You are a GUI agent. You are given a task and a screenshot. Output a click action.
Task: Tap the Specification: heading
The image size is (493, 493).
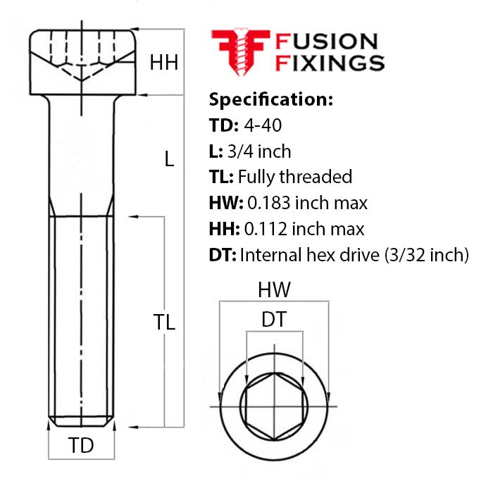click(x=271, y=99)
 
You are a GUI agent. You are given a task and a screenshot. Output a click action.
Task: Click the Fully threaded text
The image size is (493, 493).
click(x=295, y=177)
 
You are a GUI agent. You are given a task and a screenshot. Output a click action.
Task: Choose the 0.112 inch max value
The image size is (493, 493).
click(x=304, y=229)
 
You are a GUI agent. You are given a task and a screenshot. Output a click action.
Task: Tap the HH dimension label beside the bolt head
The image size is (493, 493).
click(x=163, y=63)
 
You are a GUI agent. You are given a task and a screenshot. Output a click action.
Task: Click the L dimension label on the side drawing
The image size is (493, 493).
click(x=168, y=159)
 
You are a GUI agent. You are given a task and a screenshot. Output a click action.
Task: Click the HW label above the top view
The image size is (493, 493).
click(x=274, y=289)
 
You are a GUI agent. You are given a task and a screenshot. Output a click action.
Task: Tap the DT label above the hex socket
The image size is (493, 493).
click(x=274, y=320)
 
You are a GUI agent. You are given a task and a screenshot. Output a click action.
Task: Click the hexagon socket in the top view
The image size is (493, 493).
click(x=274, y=407)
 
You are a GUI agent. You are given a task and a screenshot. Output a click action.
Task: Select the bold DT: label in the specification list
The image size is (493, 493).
click(x=223, y=254)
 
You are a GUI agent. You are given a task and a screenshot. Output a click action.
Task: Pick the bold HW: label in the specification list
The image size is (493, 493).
click(x=226, y=203)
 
